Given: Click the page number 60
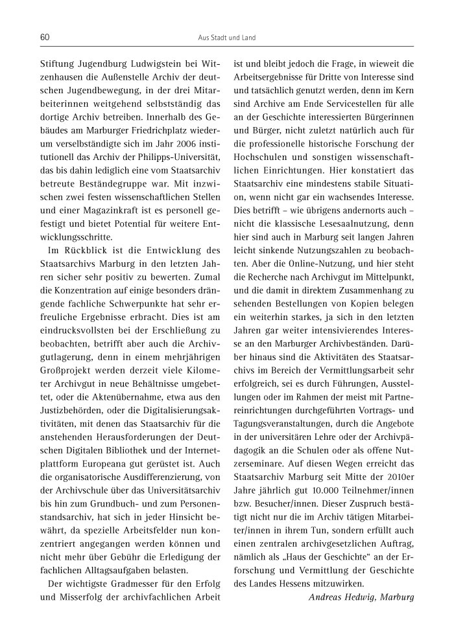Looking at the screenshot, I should coord(45,38).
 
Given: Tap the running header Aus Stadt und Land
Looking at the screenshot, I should coord(226,38).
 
